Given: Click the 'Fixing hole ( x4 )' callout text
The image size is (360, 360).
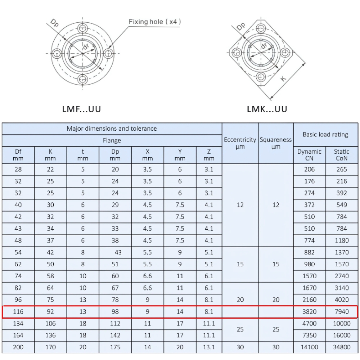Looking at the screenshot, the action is coord(155,22).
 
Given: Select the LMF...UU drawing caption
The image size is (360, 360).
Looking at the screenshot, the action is coord(81,109).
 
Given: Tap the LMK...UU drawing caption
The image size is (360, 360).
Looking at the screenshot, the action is coord(267,109).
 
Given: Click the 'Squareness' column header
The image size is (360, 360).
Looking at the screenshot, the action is coord(276,140).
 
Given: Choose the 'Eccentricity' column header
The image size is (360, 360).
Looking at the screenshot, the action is coord(240,140).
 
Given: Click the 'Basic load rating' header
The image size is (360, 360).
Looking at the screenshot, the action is coord(325,134).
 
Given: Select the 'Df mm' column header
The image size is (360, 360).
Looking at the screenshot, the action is coord(18,155).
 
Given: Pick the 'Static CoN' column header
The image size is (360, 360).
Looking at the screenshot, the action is coord(342,155).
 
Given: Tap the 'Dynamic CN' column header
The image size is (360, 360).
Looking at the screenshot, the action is coord(309,155).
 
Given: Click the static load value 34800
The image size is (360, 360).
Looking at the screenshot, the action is coord(342,347).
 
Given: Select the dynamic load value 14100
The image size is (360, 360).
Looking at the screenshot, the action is coord(309,347).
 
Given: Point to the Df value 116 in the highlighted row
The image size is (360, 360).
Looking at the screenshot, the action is coord(18,312).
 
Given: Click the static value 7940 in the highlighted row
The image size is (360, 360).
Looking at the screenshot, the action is coord(342,312).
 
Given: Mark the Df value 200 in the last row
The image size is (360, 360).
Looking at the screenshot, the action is coord(18,347).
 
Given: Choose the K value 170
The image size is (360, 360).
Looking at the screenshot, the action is coord(50,347).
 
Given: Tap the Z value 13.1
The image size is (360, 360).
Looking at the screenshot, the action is coord(209,347).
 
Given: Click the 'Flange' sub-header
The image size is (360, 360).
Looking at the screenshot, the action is coord(112,140).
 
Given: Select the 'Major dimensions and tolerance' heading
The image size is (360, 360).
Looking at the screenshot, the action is coord(112,129).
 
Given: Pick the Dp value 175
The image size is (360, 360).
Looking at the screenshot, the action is coord(115,347).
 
